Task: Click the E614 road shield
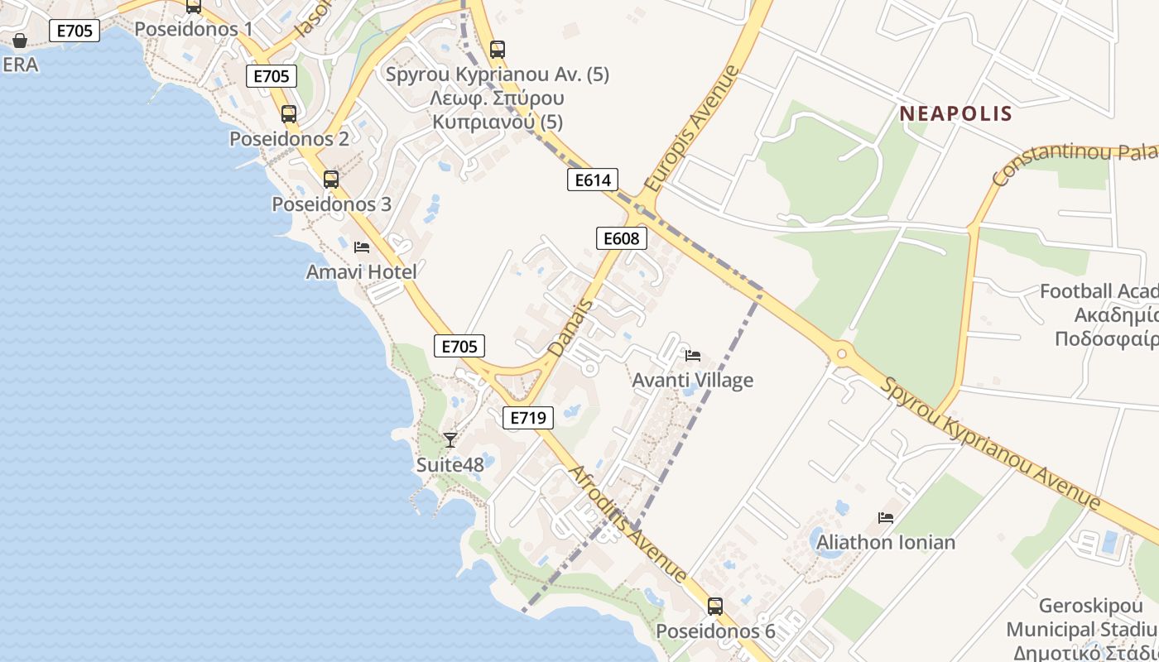593,180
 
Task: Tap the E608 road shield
621,238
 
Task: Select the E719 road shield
527,418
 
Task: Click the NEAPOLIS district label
955,113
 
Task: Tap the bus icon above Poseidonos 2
288,114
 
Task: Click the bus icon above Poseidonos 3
330,179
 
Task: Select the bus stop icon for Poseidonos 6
714,606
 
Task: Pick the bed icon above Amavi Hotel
361,247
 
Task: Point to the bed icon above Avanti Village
693,355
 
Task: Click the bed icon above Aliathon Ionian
886,518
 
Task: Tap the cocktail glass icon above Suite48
450,439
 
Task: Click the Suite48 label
450,464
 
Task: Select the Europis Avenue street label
690,129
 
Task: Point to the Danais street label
571,328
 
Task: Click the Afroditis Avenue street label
627,523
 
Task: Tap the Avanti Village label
692,380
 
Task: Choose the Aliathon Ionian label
886,543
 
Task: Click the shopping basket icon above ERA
20,40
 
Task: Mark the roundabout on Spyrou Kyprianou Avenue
841,353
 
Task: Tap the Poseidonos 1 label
193,29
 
